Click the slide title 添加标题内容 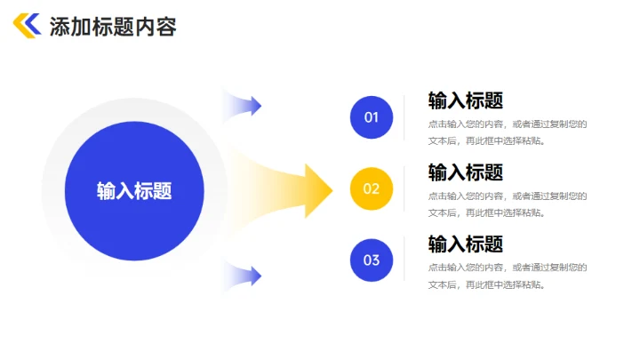click(x=113, y=27)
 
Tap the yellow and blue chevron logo click(x=27, y=26)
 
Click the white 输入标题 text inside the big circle click(x=134, y=190)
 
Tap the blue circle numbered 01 click(x=372, y=117)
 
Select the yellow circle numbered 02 click(x=372, y=188)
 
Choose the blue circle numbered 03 click(x=372, y=260)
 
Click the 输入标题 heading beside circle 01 click(x=466, y=100)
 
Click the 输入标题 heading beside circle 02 click(x=466, y=172)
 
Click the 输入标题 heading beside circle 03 click(x=466, y=244)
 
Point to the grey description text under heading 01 click(x=507, y=132)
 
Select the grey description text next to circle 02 click(x=507, y=204)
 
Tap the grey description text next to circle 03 click(x=507, y=276)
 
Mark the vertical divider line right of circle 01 click(x=404, y=117)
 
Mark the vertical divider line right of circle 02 click(x=404, y=188)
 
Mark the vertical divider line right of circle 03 click(x=404, y=260)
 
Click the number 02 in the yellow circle click(x=372, y=188)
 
